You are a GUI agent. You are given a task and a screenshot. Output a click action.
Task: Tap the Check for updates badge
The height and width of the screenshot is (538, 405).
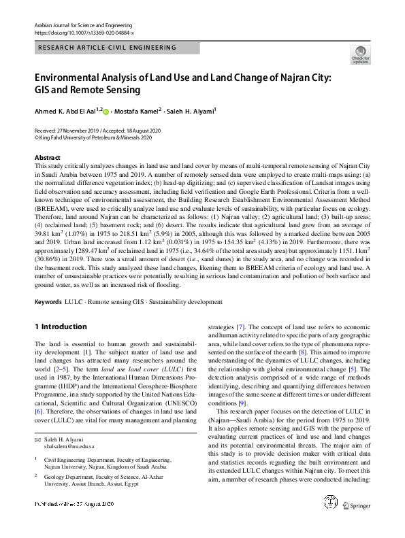(359, 55)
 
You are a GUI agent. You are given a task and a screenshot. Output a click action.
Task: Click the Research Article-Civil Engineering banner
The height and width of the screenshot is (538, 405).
(107, 48)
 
